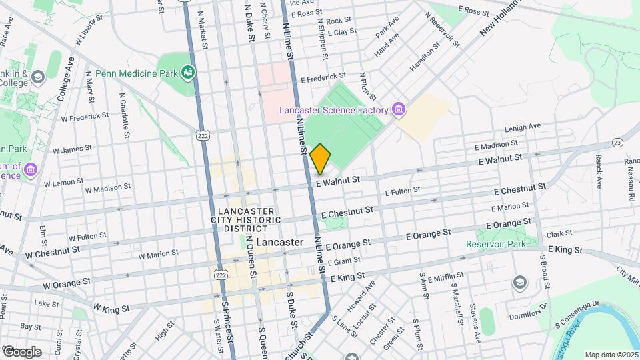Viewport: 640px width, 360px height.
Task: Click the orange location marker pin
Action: [x=321, y=159]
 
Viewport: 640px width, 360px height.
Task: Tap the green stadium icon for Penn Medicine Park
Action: [x=187, y=72]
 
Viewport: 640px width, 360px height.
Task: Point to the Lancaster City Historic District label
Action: [x=246, y=219]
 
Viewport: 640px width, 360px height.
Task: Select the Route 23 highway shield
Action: [x=617, y=142]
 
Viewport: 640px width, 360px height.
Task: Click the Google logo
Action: [x=22, y=351]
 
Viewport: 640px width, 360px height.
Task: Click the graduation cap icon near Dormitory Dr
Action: [x=518, y=283]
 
